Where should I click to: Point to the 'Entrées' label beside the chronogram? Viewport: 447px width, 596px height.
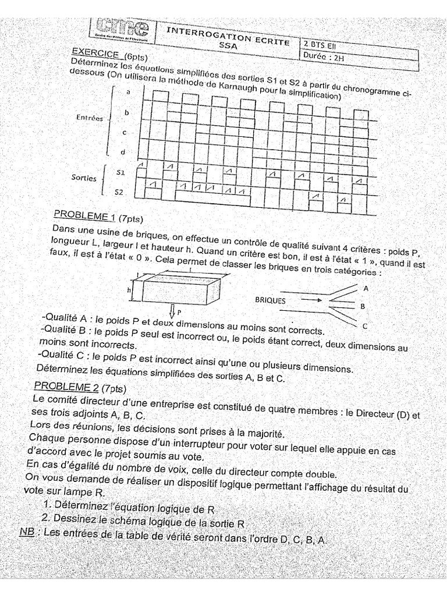(90, 117)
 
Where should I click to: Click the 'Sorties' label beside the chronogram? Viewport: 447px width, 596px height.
(84, 178)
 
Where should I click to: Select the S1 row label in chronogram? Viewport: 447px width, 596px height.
(120, 172)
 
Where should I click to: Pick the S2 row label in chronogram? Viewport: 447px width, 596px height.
(118, 191)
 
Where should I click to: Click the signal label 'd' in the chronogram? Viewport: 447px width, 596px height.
(122, 152)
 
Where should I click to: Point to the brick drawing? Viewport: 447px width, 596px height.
(180, 288)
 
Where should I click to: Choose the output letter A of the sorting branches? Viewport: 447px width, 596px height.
(365, 288)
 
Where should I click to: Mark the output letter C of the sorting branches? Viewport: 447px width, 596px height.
(364, 326)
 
